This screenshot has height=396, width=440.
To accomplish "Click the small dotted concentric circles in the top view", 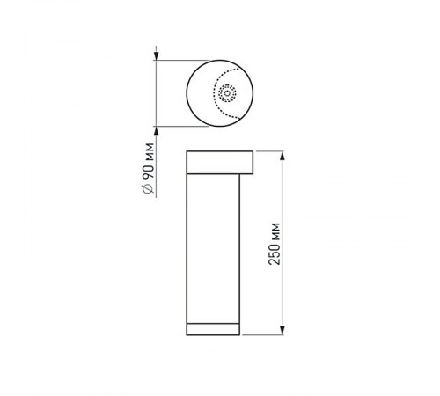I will [x=228, y=92].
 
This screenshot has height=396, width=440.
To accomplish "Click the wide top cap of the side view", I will [x=220, y=164].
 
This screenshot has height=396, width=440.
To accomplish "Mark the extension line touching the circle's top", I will [x=176, y=60].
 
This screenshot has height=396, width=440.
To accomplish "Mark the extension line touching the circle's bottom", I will [x=176, y=126].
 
